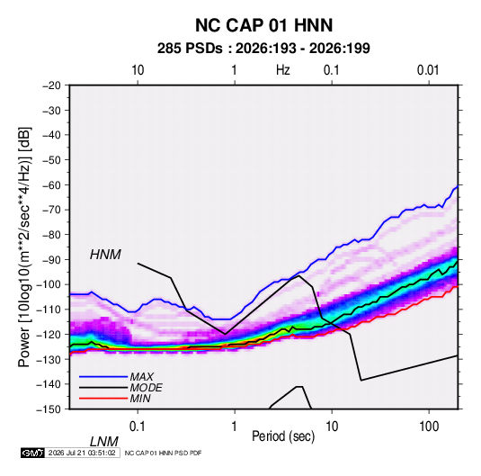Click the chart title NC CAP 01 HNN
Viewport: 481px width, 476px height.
[263, 25]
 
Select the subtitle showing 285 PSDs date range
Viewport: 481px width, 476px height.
[263, 49]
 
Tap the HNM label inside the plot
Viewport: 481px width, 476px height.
[105, 255]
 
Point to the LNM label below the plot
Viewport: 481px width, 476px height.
[103, 442]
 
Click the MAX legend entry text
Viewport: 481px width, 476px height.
[141, 376]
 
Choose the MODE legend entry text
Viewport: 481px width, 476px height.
[146, 388]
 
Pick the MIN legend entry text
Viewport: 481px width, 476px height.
[140, 399]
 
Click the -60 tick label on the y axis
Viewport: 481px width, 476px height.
[51, 184]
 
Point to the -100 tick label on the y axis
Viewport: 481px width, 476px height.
[49, 284]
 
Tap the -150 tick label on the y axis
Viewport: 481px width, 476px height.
[49, 409]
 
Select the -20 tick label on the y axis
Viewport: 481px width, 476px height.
[51, 85]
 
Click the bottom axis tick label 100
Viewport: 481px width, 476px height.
[429, 427]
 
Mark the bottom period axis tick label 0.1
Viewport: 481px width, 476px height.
[137, 427]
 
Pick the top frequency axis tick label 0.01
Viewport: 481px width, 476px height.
[428, 70]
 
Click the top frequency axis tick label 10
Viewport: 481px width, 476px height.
[138, 70]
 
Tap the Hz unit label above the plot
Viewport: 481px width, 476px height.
[283, 70]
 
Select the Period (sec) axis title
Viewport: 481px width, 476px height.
[283, 436]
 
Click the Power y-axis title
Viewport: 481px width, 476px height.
[25, 247]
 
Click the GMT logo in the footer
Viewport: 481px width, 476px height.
[32, 453]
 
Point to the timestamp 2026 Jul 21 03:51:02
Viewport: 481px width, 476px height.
[82, 453]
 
